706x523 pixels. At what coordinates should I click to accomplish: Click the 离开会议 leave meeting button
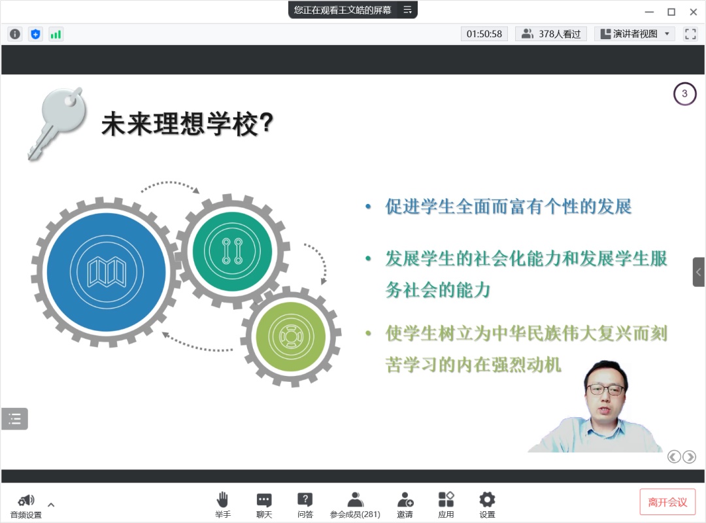(x=667, y=502)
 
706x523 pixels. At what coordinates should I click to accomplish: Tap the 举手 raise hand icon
(x=222, y=499)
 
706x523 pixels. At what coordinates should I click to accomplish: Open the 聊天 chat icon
(x=264, y=499)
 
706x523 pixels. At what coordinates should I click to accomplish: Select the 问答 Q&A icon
(x=305, y=499)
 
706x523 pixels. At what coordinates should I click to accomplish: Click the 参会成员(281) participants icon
(x=355, y=499)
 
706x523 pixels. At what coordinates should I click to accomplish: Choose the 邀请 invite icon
(x=405, y=499)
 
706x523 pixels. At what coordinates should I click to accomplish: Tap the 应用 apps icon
(x=446, y=499)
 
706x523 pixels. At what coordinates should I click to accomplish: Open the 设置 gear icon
(x=487, y=499)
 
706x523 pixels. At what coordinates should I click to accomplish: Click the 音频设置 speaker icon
(x=26, y=500)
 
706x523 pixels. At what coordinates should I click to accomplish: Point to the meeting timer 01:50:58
(x=484, y=34)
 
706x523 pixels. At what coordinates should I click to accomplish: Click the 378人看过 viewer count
(x=551, y=34)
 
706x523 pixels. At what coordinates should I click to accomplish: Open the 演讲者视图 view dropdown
(x=635, y=34)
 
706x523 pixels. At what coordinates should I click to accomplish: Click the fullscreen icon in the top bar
(x=690, y=34)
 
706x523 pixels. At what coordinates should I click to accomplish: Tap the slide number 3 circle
(x=684, y=93)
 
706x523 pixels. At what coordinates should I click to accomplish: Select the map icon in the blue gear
(x=107, y=272)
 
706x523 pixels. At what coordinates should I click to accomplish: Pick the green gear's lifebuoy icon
(x=290, y=336)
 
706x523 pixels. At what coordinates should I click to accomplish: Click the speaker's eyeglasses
(x=605, y=389)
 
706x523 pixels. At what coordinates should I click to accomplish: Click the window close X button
(x=694, y=12)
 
